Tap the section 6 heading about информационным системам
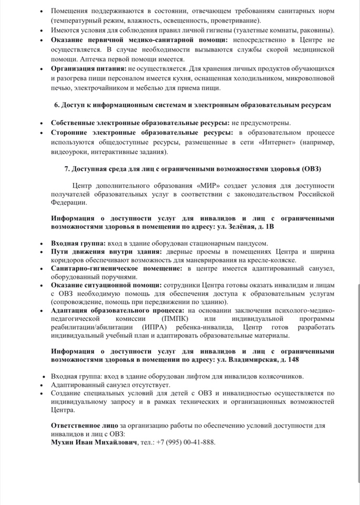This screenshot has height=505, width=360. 193,105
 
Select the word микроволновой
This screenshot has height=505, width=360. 311,77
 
